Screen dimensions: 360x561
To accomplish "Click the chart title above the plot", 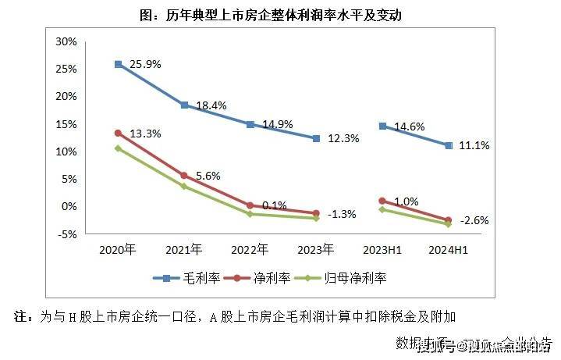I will pos(280,15).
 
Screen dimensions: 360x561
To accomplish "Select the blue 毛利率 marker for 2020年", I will pos(118,64).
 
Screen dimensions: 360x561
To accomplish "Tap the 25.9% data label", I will pos(145,64).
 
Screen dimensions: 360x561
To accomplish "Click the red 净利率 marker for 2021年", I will pos(184,176).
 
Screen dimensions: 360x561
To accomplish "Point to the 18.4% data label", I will pos(211,105).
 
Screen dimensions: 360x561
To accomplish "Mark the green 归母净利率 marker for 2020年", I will pos(118,148).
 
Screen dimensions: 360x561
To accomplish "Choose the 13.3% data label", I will pos(145,134).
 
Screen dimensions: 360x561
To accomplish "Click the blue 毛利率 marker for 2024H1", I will pos(449,145).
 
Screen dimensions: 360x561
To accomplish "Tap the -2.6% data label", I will pos(474,221).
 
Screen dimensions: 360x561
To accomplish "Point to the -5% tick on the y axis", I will pos(66,233).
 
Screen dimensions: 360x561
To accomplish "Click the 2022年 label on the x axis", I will pos(250,250).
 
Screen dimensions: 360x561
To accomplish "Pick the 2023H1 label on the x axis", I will pos(382,250).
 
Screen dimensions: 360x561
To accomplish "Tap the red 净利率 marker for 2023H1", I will pos(382,201).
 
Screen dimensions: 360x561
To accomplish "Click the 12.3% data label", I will pos(344,139).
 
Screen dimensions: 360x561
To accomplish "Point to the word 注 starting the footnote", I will pos(21,317).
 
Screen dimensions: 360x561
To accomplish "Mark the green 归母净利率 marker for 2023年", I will pos(316,219).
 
